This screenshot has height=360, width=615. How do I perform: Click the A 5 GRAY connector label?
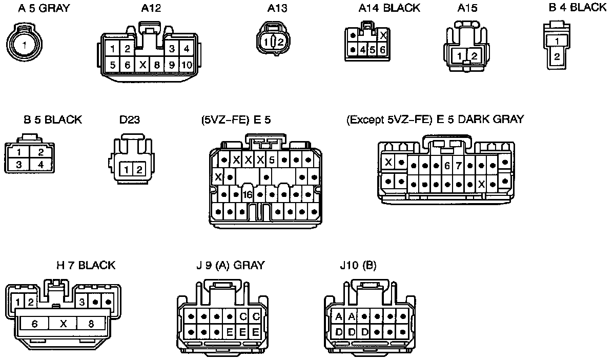(x=44, y=8)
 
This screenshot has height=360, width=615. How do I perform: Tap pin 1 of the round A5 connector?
(x=23, y=45)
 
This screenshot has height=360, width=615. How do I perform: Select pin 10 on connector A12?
(x=187, y=65)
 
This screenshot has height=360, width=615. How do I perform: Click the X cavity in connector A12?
(x=143, y=65)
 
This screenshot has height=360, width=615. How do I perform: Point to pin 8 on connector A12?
(x=157, y=65)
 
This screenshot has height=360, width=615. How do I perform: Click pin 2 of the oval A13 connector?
(x=281, y=42)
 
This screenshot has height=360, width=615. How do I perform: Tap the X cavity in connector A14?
(x=383, y=35)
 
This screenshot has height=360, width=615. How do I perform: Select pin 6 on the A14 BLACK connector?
(x=382, y=50)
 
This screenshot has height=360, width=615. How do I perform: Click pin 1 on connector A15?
(x=461, y=56)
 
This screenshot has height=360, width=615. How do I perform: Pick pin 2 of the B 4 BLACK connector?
(x=557, y=57)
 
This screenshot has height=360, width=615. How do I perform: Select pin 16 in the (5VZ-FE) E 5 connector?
(x=248, y=195)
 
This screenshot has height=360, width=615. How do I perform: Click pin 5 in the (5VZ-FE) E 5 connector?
(x=272, y=160)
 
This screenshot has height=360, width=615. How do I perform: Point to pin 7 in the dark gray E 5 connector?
(x=458, y=166)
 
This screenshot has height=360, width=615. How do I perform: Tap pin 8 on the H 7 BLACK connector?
(x=91, y=324)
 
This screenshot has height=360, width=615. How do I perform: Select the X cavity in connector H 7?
(x=63, y=324)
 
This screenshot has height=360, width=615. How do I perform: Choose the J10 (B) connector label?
(x=358, y=265)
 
